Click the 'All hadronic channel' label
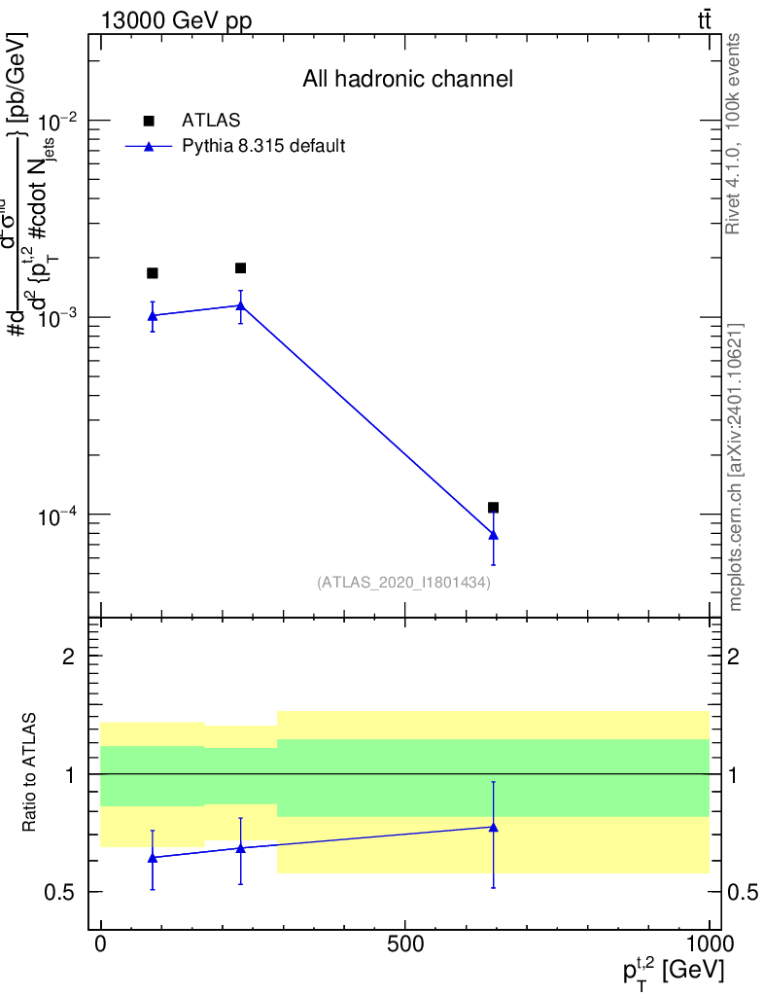[x=406, y=80]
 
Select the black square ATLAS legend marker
[x=149, y=121]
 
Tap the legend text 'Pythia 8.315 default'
[x=264, y=147]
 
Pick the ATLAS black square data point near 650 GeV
[x=494, y=508]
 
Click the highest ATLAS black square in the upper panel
[x=240, y=268]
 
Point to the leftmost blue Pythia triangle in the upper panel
[x=152, y=315]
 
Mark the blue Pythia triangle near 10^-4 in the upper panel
[x=494, y=534]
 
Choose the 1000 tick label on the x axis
[x=710, y=944]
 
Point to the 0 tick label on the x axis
[x=100, y=944]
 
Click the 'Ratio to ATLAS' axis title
[x=31, y=773]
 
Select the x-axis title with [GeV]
[x=674, y=971]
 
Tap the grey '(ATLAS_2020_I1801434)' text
[x=403, y=583]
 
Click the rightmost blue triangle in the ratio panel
[x=494, y=827]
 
